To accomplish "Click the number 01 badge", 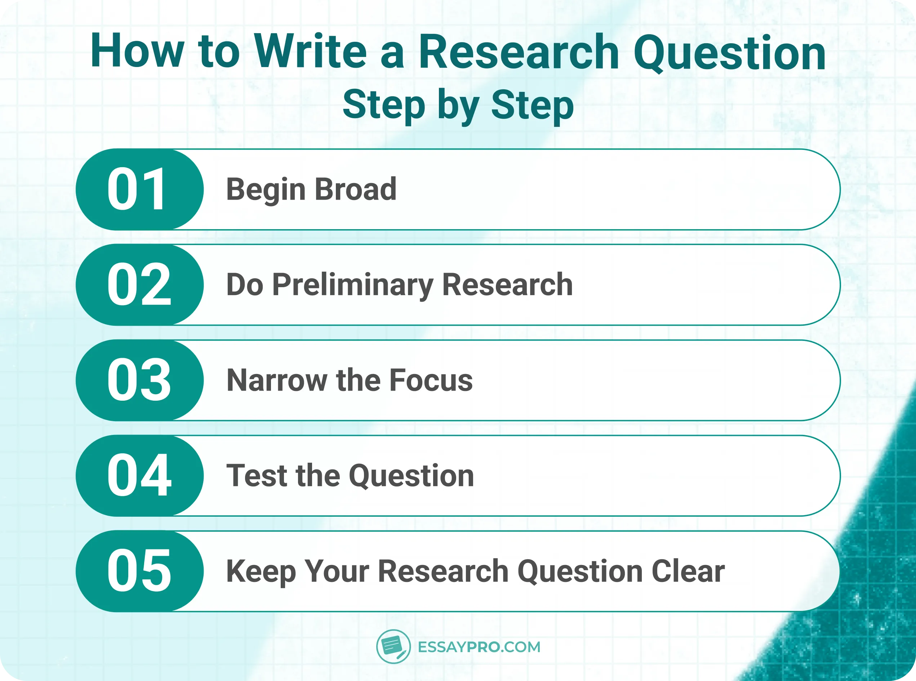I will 138,190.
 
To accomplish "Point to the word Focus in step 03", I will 431,380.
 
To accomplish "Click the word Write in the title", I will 310,52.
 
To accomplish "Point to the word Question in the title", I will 730,54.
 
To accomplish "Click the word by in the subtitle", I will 458,106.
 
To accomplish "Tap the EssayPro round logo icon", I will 393,646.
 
